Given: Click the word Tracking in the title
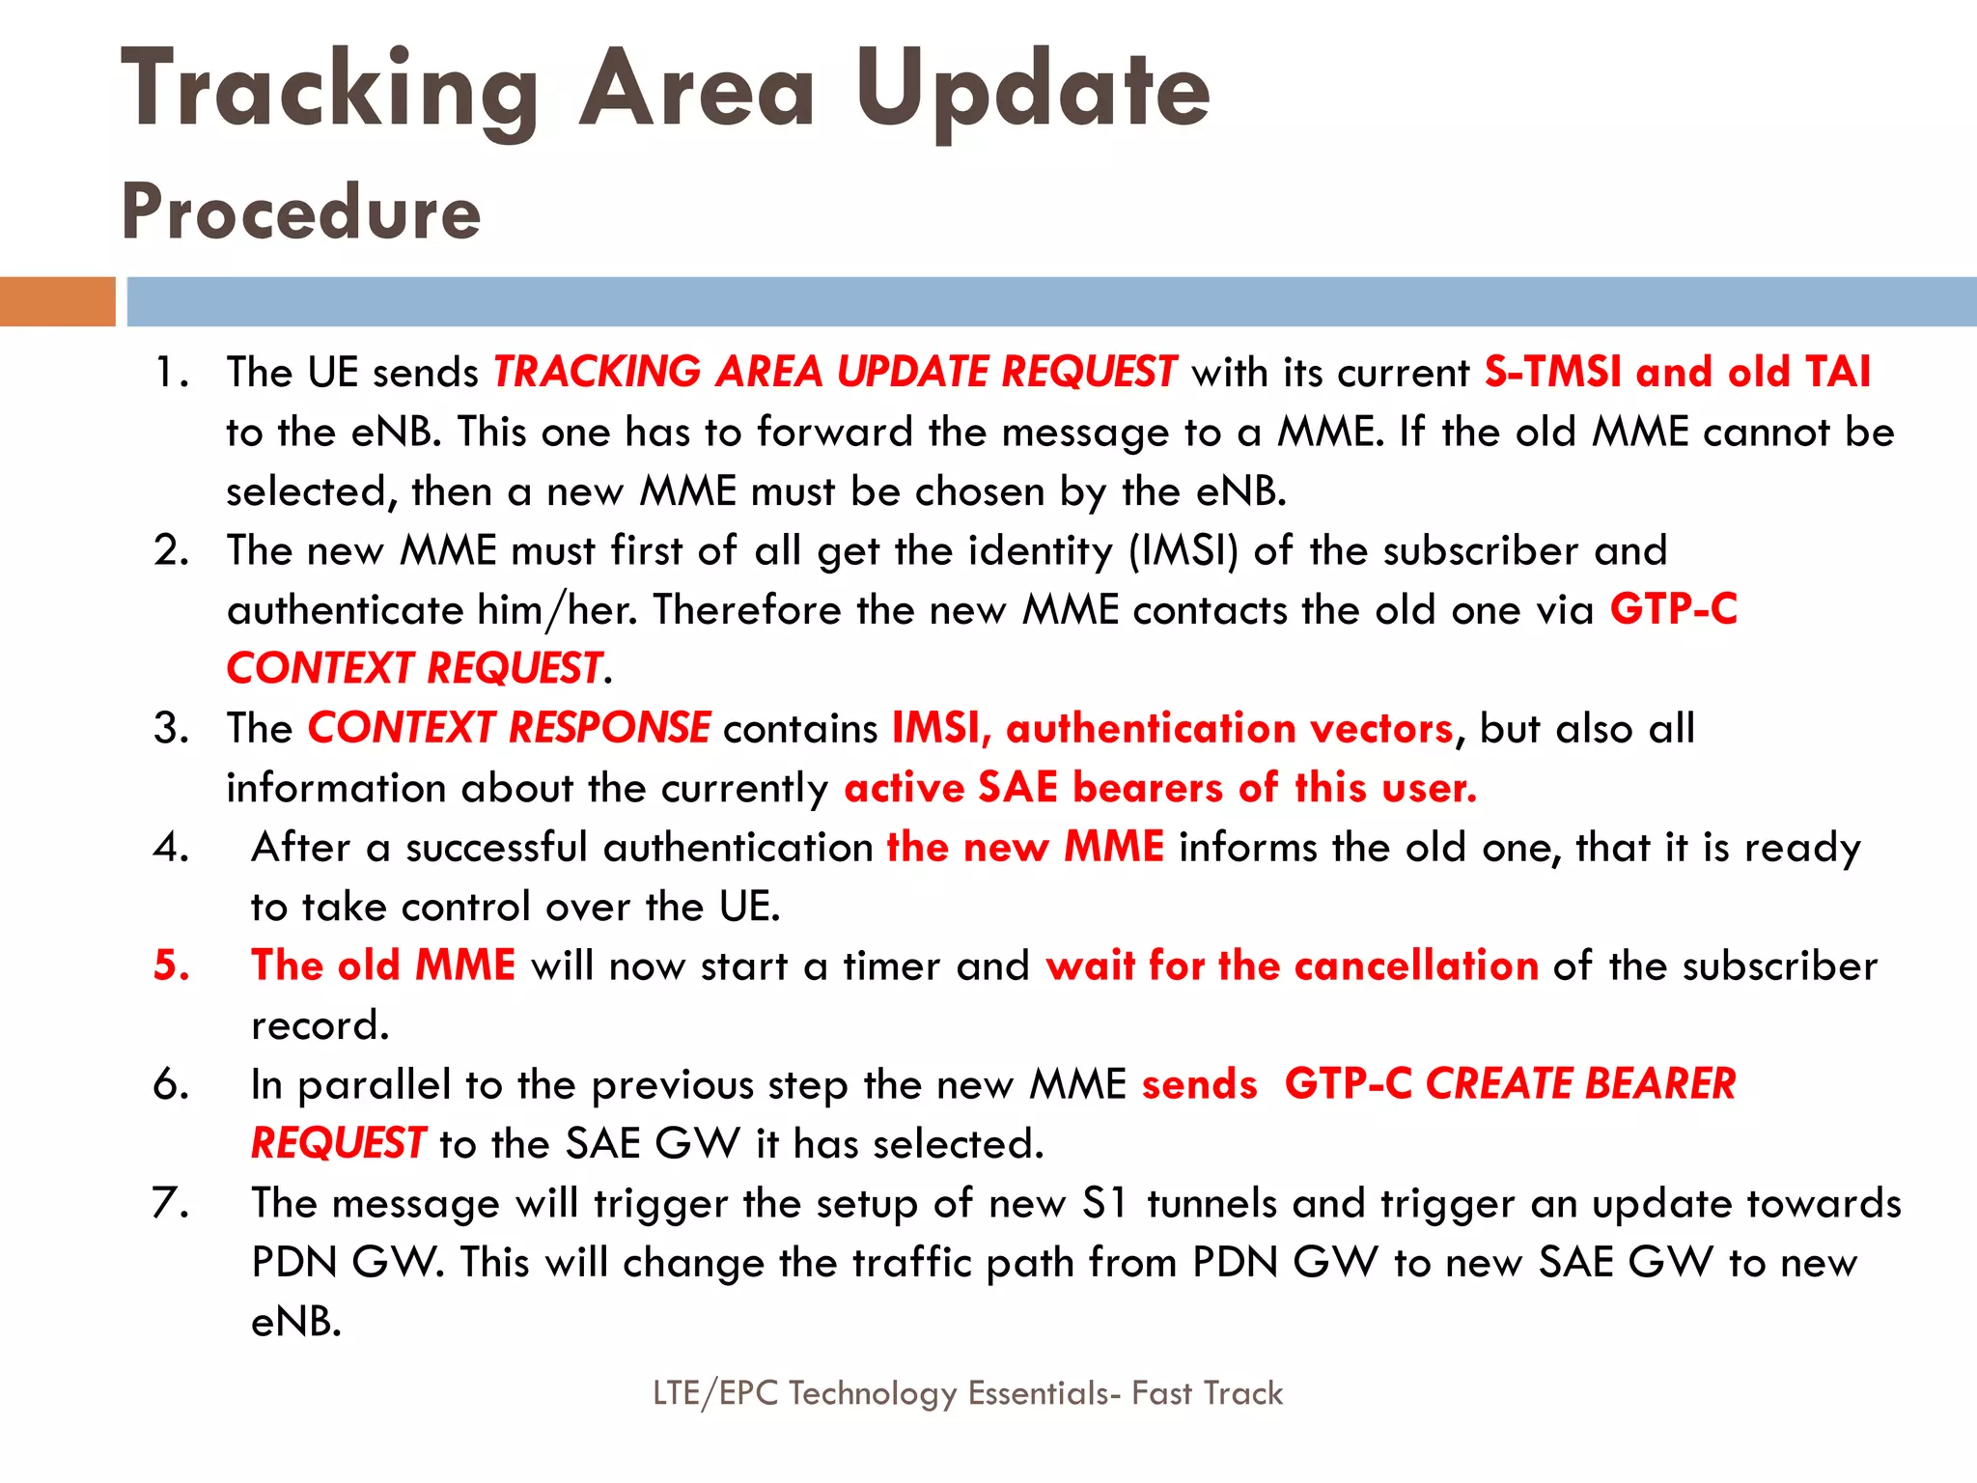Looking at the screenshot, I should coord(328,92).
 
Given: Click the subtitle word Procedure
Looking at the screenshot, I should coord(300,212).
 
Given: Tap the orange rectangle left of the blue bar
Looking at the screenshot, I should coord(57,301).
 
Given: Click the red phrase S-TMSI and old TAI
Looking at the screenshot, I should coord(1677,372).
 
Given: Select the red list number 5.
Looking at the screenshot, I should coord(171,965).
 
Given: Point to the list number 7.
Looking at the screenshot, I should coord(170,1203).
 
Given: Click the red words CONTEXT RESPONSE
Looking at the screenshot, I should coord(509,728).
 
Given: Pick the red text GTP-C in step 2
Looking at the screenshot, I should coord(1673,609).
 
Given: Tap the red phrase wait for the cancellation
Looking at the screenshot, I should coord(1292,965).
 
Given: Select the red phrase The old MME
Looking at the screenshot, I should coord(383,965).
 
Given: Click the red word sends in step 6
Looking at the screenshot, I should coord(1200,1084).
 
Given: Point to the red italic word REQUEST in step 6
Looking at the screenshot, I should coord(338,1144).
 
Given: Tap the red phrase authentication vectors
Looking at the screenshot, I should coord(1229,728).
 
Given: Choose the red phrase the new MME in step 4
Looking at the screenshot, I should coord(1025,847).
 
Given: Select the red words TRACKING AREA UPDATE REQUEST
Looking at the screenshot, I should coord(834,372).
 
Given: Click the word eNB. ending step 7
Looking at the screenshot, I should coord(296,1322).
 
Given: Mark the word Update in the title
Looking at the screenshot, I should coord(1032,92).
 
